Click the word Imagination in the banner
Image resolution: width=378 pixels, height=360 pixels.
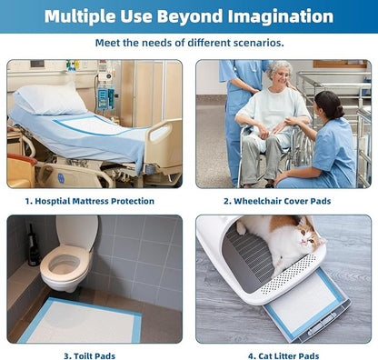tap(281, 16)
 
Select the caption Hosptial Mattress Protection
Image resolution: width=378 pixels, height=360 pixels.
tap(94, 201)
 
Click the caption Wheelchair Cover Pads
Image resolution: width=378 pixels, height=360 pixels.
tap(282, 201)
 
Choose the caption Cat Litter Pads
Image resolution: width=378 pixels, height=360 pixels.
tap(289, 355)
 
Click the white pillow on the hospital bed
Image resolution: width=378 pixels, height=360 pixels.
tap(50, 98)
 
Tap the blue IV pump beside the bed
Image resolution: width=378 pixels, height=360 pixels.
tap(105, 97)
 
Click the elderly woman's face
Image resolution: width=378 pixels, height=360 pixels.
tap(283, 75)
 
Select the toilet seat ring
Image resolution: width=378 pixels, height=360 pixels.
tap(65, 263)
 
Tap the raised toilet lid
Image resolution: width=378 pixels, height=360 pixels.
tap(77, 233)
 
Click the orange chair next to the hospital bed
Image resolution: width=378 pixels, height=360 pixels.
tap(21, 170)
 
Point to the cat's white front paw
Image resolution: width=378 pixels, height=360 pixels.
tap(241, 228)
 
